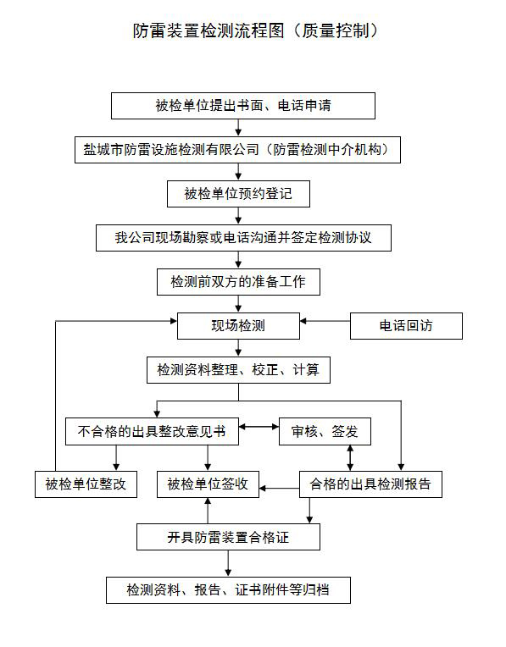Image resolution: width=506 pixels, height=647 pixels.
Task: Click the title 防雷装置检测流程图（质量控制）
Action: point(256,30)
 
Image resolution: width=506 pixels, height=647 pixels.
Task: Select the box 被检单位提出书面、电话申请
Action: point(243,106)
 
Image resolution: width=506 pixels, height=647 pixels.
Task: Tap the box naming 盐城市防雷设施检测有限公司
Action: point(237,150)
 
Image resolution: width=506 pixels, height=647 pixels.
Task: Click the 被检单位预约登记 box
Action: point(238,194)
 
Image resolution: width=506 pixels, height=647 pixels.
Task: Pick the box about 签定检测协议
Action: point(243,238)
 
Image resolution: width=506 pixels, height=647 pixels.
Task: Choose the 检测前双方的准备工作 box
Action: point(238,282)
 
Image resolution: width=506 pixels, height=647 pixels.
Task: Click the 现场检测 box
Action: point(238,326)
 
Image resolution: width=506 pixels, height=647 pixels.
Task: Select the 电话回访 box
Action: point(406,326)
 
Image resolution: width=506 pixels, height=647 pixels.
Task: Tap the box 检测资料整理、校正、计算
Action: point(238,370)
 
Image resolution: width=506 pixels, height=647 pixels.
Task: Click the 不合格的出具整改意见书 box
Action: point(152,432)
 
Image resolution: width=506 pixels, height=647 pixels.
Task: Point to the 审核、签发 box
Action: point(325,432)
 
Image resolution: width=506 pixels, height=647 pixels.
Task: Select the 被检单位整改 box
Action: point(86,484)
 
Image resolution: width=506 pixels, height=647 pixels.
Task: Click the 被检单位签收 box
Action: point(208,484)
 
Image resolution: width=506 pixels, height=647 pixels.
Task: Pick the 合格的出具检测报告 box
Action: point(370,484)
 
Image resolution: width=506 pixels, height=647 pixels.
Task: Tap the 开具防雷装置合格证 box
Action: point(229,537)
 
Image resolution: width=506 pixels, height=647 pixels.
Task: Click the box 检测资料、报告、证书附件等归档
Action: point(229,590)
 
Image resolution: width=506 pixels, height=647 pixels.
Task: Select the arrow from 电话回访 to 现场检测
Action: point(325,321)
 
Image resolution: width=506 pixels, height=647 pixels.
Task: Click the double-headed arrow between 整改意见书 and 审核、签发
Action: point(259,427)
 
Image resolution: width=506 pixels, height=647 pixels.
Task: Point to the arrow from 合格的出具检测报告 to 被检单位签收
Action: point(279,489)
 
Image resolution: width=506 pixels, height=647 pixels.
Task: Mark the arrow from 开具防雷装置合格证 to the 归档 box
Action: point(228,563)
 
